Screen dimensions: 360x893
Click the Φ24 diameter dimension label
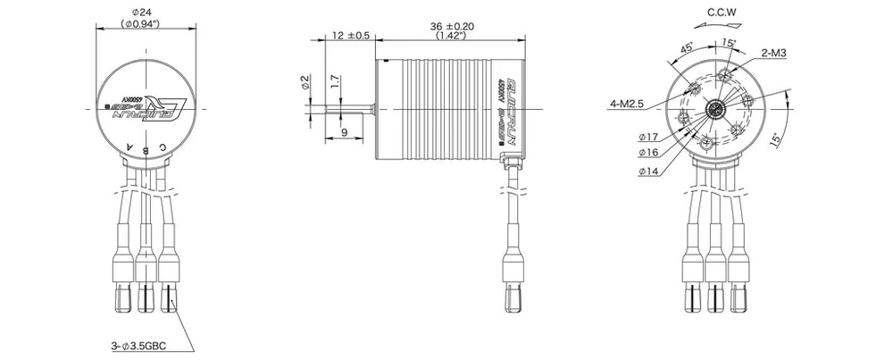click(x=144, y=13)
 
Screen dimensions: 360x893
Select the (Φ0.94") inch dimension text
click(x=144, y=24)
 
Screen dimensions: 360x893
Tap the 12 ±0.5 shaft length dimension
click(x=350, y=36)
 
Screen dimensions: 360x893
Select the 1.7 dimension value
click(x=334, y=82)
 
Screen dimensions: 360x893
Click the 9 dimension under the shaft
click(x=344, y=132)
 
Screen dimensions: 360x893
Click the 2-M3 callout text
click(x=774, y=54)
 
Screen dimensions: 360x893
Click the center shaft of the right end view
click(x=716, y=109)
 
